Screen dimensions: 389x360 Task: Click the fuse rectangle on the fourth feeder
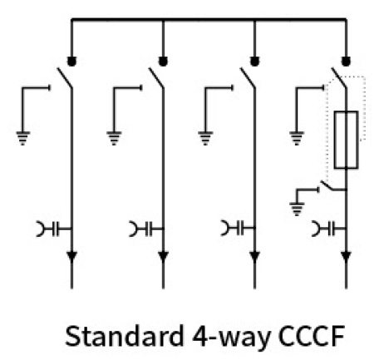coord(335,140)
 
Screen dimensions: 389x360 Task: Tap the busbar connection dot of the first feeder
coord(71,62)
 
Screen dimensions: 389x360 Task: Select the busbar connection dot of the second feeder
coord(163,62)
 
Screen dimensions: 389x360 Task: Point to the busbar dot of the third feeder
coord(254,62)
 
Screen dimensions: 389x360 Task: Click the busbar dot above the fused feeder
coord(346,62)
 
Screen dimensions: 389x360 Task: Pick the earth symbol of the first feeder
coord(23,138)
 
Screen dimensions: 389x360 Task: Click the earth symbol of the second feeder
coord(114,138)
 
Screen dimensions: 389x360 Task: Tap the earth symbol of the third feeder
coord(205,138)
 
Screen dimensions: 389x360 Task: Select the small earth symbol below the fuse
coord(297,210)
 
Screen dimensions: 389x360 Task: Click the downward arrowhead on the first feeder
coord(72,257)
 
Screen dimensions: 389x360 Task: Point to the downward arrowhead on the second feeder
coord(163,257)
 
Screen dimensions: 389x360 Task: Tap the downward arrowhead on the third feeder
coord(254,257)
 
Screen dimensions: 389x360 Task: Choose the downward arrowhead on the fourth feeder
coord(346,257)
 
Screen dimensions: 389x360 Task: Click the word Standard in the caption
coord(125,336)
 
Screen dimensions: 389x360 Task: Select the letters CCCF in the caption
coord(312,336)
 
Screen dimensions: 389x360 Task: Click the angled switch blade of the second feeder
coord(156,78)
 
